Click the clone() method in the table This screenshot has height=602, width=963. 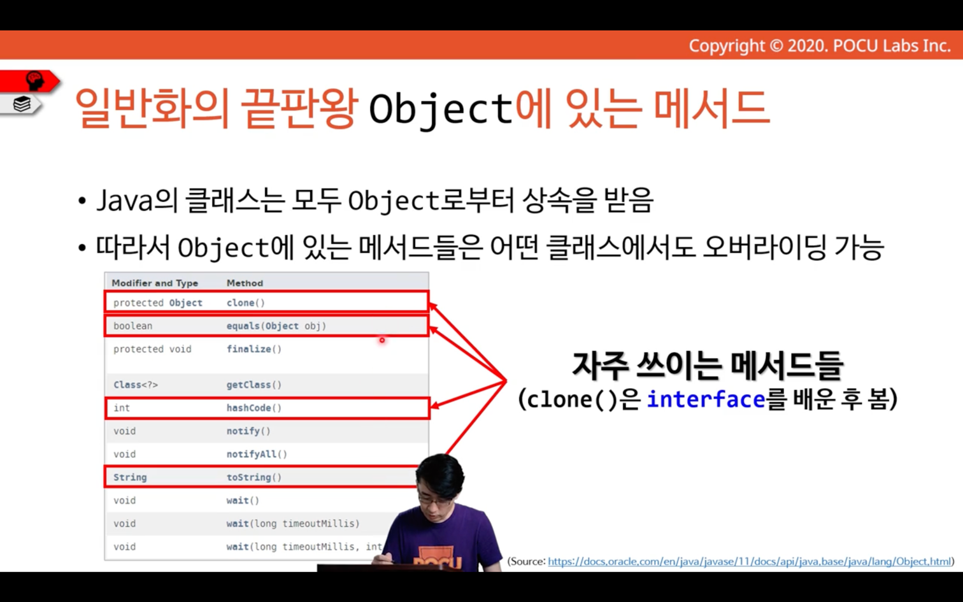pyautogui.click(x=245, y=303)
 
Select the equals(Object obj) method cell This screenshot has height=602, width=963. pyautogui.click(x=276, y=326)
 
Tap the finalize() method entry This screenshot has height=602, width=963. pyautogui.click(x=253, y=349)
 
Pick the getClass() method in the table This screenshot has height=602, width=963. pyautogui.click(x=253, y=385)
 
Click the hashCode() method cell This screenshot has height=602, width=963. pyautogui.click(x=253, y=408)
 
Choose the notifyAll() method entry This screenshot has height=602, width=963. pyautogui.click(x=257, y=454)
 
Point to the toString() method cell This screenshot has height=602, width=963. pyautogui.click(x=253, y=477)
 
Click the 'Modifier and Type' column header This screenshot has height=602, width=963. pyautogui.click(x=155, y=283)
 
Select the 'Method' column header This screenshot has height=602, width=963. pyautogui.click(x=245, y=283)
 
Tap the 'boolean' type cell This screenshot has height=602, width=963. pyautogui.click(x=133, y=326)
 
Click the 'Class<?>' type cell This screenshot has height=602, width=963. pyautogui.click(x=136, y=385)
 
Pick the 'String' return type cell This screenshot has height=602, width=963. pyautogui.click(x=130, y=477)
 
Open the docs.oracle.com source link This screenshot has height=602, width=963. pyautogui.click(x=750, y=562)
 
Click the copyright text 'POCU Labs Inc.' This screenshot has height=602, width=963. pyautogui.click(x=892, y=46)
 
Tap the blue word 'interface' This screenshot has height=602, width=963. pyautogui.click(x=706, y=399)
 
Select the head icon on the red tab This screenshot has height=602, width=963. pyautogui.click(x=35, y=81)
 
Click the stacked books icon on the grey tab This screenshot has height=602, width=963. pyautogui.click(x=22, y=104)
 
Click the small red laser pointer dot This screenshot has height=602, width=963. pyautogui.click(x=382, y=341)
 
